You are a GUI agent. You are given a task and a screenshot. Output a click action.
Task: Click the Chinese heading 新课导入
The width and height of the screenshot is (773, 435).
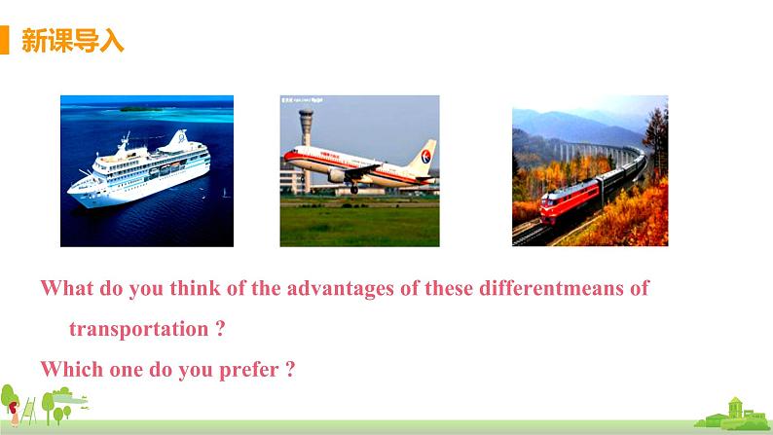[x=72, y=41]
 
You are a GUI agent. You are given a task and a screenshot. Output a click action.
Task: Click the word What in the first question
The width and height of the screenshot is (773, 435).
[x=65, y=289]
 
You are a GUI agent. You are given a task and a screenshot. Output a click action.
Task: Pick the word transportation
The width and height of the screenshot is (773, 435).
[x=138, y=329]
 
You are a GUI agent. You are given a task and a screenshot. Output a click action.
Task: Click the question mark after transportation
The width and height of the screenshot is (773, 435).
[x=220, y=329]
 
